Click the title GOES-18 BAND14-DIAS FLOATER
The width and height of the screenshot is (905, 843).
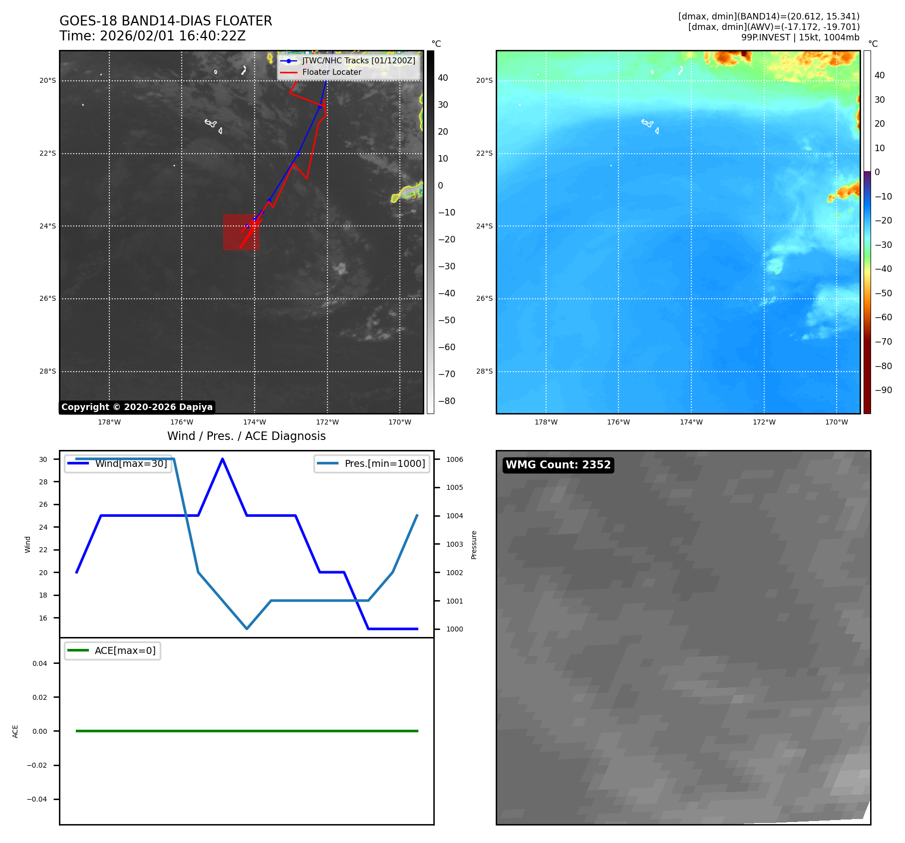click(166, 21)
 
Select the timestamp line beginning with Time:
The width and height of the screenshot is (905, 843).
click(152, 36)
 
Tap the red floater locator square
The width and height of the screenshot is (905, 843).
click(241, 232)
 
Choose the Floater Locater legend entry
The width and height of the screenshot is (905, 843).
click(331, 72)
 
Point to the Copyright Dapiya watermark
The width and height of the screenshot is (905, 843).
click(137, 407)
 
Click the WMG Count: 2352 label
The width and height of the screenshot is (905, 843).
click(558, 465)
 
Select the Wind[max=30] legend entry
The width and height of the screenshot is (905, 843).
click(131, 463)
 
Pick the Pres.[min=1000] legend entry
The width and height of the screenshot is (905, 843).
click(384, 463)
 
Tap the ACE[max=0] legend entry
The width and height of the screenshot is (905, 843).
click(125, 650)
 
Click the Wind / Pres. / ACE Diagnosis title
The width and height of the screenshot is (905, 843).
click(246, 436)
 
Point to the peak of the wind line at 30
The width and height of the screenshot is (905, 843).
click(223, 459)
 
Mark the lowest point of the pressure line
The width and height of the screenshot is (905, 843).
click(247, 629)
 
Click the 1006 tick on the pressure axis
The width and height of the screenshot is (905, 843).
click(454, 459)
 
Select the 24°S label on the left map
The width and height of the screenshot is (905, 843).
click(48, 226)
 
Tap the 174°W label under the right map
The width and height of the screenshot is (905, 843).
click(691, 422)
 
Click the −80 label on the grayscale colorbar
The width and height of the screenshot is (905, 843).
click(447, 401)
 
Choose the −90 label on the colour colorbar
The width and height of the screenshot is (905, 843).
click(883, 390)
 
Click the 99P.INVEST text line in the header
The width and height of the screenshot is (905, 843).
click(800, 37)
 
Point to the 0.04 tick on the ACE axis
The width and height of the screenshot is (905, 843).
click(40, 663)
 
